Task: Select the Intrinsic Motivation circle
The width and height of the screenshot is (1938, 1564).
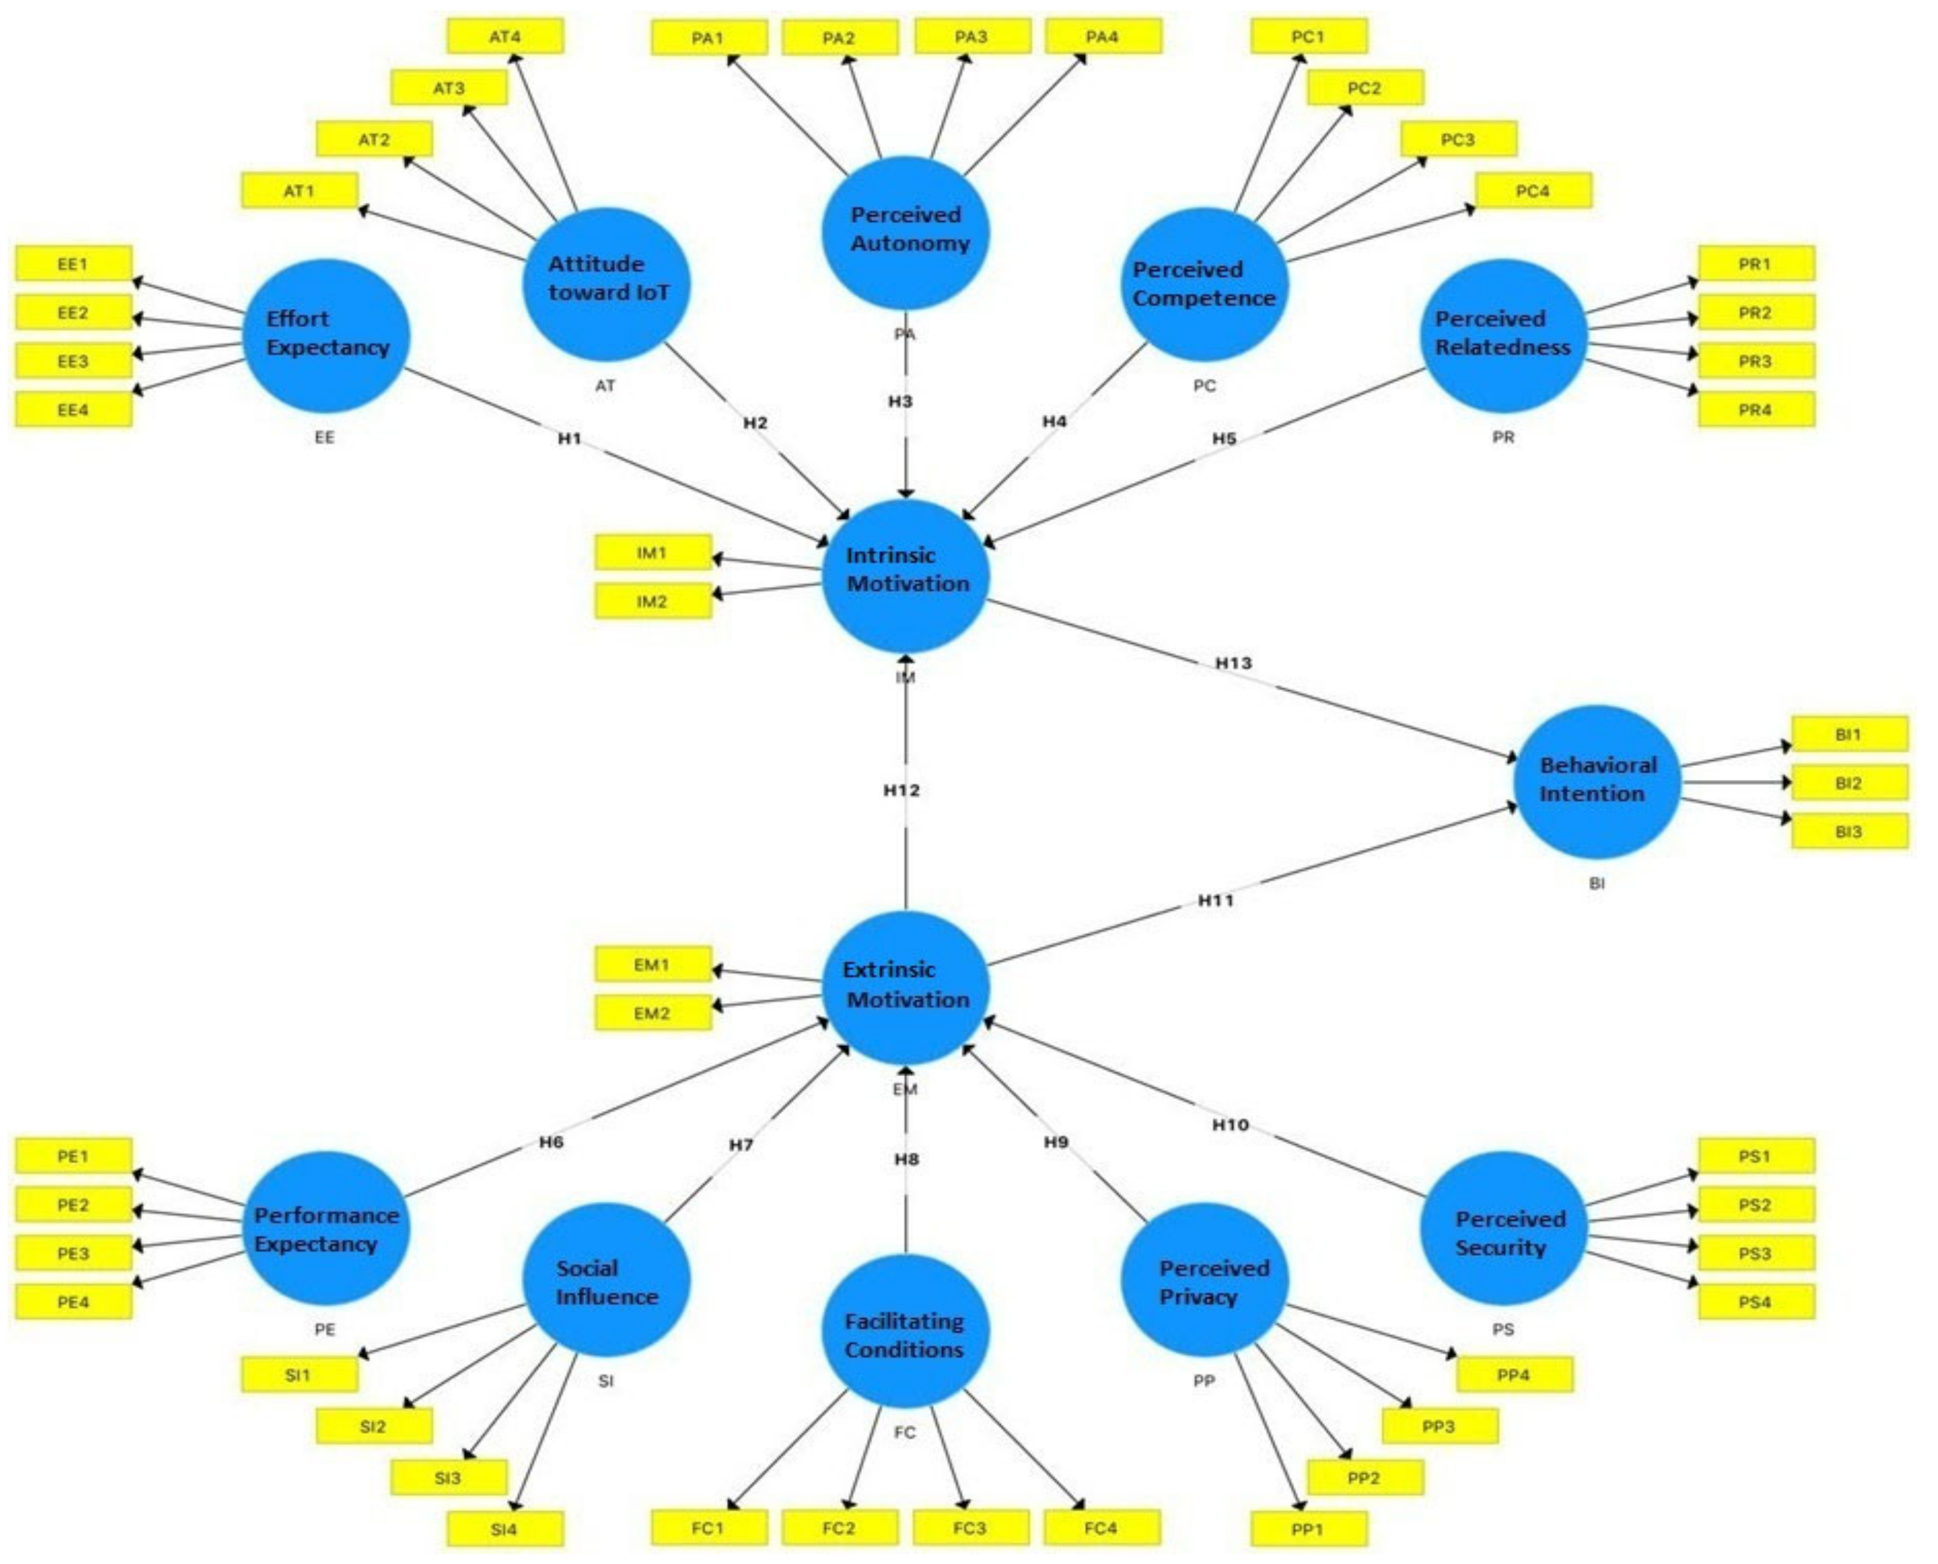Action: point(906,576)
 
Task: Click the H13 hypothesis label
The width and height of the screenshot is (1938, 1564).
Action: point(1234,663)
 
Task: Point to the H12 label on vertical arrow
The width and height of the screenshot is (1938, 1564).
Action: point(902,790)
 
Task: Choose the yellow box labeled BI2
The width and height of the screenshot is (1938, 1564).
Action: point(1849,783)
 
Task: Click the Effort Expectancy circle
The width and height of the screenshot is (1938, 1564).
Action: point(326,335)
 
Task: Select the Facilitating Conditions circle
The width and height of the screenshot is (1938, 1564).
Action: point(904,1331)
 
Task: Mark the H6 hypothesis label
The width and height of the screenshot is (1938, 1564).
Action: point(551,1142)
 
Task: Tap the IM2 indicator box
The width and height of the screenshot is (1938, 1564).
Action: point(652,602)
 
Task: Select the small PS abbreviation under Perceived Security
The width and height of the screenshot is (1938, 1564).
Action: point(1503,1329)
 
